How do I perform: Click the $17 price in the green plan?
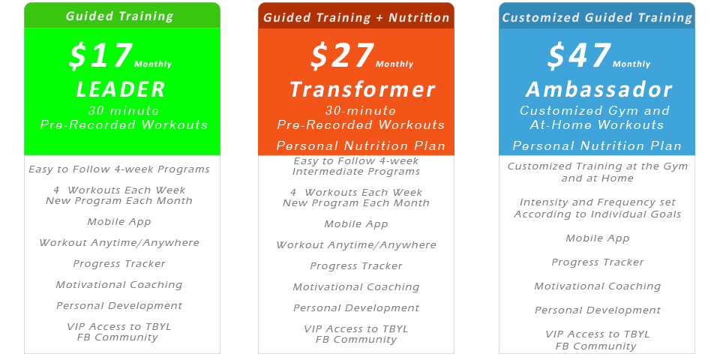pyautogui.click(x=100, y=56)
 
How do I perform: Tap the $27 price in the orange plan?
pyautogui.click(x=342, y=56)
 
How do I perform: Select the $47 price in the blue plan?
pyautogui.click(x=579, y=56)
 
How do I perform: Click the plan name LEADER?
pyautogui.click(x=121, y=90)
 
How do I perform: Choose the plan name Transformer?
pyautogui.click(x=362, y=90)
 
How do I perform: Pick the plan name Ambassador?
pyautogui.click(x=598, y=90)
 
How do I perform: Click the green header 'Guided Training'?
pyautogui.click(x=119, y=16)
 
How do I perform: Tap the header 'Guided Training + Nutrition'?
pyautogui.click(x=356, y=17)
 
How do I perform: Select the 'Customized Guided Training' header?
pyautogui.click(x=597, y=17)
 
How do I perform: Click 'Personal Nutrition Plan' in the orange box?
pyautogui.click(x=361, y=146)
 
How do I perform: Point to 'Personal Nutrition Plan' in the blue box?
pyautogui.click(x=597, y=146)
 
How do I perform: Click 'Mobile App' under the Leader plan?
pyautogui.click(x=118, y=222)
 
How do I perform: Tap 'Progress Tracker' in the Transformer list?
pyautogui.click(x=356, y=266)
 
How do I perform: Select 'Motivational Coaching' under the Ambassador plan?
pyautogui.click(x=597, y=286)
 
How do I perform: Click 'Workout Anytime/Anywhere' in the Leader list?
pyautogui.click(x=119, y=243)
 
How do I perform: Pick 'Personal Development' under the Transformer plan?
pyautogui.click(x=356, y=308)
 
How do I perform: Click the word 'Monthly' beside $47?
pyautogui.click(x=631, y=64)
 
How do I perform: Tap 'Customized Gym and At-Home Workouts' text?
pyautogui.click(x=595, y=118)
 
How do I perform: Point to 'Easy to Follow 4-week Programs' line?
pyautogui.click(x=119, y=169)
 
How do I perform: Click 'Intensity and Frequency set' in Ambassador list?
pyautogui.click(x=597, y=202)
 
